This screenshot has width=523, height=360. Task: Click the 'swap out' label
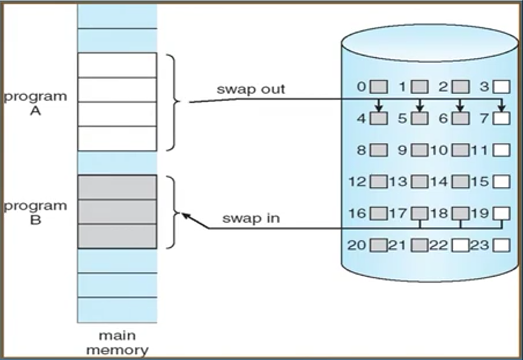click(250, 89)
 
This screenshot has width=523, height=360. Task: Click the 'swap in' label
click(251, 219)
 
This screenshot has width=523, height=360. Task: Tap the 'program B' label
click(35, 213)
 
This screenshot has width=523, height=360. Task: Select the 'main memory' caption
click(117, 342)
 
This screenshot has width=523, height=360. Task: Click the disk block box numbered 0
click(380, 87)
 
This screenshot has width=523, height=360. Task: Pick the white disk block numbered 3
click(502, 87)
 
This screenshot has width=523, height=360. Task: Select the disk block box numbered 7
click(502, 118)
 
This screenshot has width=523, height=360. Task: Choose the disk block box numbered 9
click(420, 150)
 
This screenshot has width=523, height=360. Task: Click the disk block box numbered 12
click(380, 182)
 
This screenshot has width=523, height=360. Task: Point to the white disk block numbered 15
click(502, 182)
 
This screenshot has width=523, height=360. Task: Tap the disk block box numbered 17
click(420, 214)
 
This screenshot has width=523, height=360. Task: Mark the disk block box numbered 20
click(380, 245)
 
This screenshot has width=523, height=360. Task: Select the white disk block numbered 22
click(461, 245)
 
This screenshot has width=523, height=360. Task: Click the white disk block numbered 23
click(502, 245)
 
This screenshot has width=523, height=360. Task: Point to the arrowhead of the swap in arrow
click(185, 216)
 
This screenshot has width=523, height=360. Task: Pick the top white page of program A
click(117, 65)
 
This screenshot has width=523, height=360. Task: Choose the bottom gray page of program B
click(117, 236)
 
